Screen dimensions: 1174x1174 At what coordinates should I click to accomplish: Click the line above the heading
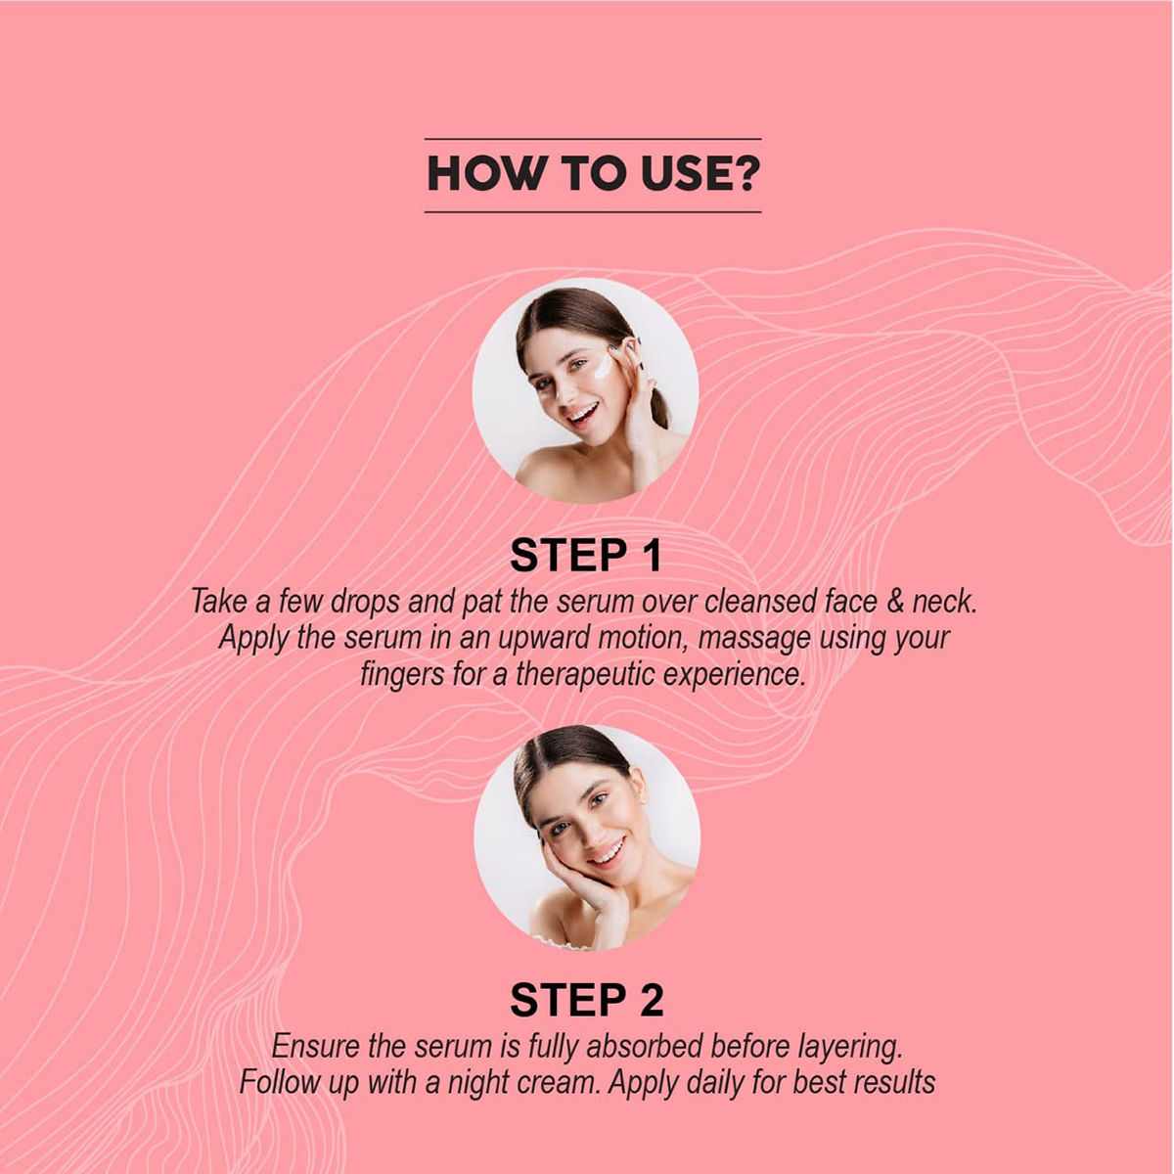click(x=593, y=139)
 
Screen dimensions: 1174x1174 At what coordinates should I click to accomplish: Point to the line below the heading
click(x=593, y=212)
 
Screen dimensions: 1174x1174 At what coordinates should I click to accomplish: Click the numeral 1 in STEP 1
click(x=654, y=556)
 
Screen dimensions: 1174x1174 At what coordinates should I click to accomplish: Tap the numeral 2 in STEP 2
click(x=651, y=1000)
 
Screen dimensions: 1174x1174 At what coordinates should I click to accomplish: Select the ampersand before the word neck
click(x=895, y=601)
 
